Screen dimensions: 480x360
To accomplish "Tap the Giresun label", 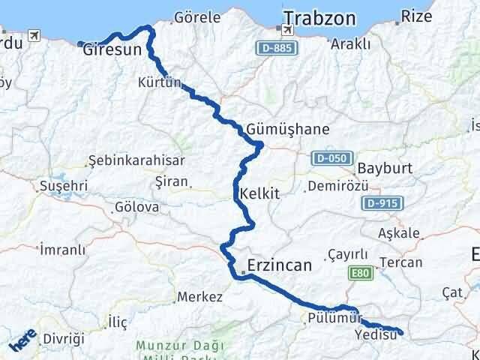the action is tap(112, 51).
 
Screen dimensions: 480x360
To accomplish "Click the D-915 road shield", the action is tap(383, 202).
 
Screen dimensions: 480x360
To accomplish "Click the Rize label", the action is tap(417, 15).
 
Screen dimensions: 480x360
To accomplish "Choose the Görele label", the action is tap(196, 16).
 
